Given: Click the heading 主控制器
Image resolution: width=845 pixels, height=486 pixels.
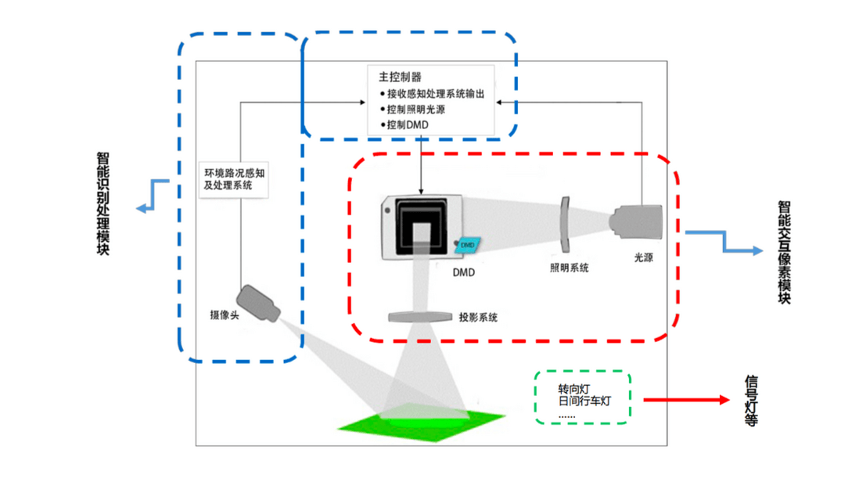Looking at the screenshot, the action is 400,77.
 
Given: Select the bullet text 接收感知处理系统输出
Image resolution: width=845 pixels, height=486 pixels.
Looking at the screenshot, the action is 436,94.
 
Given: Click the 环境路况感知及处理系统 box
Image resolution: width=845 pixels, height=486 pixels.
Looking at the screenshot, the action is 234,179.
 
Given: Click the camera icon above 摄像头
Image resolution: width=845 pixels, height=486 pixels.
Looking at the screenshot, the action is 259,303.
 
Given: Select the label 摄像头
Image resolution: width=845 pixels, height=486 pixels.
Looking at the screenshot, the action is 225,315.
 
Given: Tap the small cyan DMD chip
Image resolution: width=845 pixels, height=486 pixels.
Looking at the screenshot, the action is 467,245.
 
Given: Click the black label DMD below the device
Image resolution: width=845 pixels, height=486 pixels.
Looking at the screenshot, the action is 463,272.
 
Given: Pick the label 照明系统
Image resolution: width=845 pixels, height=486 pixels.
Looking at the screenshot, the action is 569,268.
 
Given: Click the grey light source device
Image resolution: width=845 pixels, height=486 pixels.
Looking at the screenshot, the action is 636,222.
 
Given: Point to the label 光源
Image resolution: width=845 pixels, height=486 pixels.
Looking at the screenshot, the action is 643,257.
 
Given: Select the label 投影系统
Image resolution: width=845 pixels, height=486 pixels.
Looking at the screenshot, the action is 478,318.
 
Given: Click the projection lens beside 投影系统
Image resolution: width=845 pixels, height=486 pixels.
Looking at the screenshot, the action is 420,317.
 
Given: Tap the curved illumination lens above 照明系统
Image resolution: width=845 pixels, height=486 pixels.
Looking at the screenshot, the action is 564,225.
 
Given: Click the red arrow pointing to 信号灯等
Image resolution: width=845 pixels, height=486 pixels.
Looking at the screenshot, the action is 687,400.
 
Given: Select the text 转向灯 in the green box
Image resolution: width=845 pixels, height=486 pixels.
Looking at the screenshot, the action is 574,389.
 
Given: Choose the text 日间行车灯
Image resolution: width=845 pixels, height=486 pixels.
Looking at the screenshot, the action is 584,401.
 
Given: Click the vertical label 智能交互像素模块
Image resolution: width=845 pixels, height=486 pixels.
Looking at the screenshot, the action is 784,252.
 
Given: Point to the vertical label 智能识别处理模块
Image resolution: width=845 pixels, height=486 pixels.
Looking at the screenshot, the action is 103,203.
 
